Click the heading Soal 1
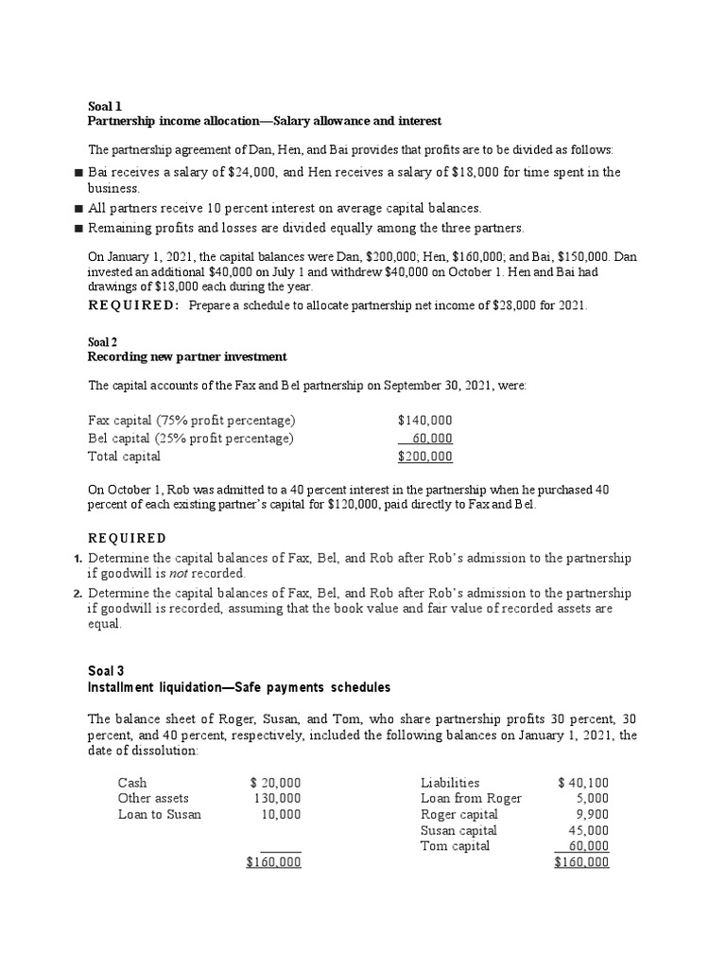(104, 106)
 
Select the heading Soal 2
(104, 341)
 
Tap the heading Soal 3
(106, 671)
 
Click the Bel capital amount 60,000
(432, 438)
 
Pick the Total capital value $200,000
(424, 456)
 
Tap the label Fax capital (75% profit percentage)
(192, 420)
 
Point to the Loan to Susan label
(159, 814)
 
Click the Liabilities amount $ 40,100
(583, 783)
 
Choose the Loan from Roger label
(471, 799)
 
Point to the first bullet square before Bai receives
(78, 173)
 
